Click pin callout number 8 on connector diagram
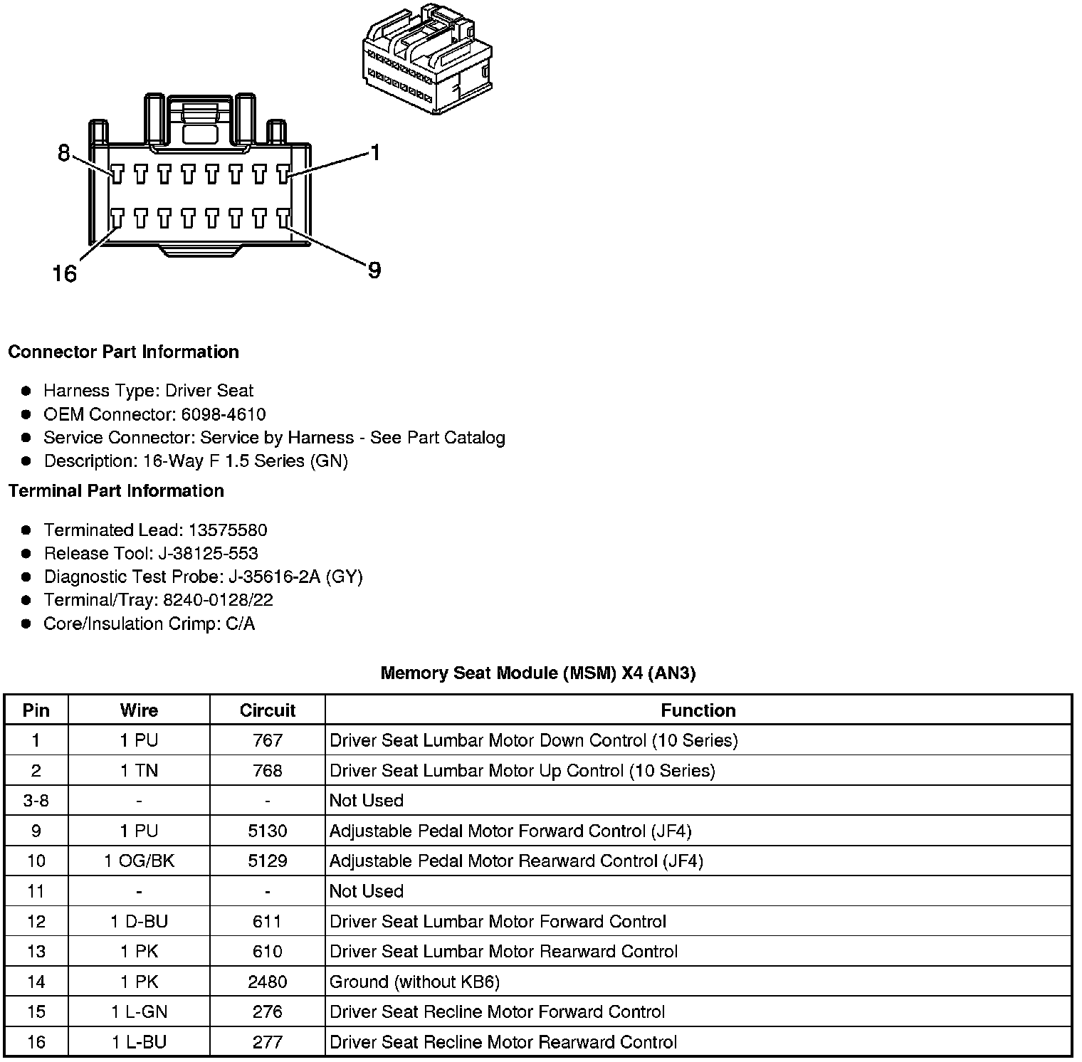tap(64, 152)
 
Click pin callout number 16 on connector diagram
tap(65, 273)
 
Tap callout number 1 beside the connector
tap(374, 152)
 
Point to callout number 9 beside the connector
tap(374, 270)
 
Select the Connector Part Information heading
tap(123, 352)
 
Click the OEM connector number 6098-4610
tap(224, 414)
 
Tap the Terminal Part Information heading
tap(116, 490)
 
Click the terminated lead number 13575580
tap(227, 530)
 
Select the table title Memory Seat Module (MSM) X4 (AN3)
tap(537, 673)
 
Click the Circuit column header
tap(267, 710)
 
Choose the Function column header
tap(698, 710)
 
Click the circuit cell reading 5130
tap(267, 831)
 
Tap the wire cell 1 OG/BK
tap(139, 861)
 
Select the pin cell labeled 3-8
tap(36, 800)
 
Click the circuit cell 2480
tap(267, 982)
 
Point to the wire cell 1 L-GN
tap(139, 1011)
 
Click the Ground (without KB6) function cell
tap(414, 982)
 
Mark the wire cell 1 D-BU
tap(139, 921)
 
